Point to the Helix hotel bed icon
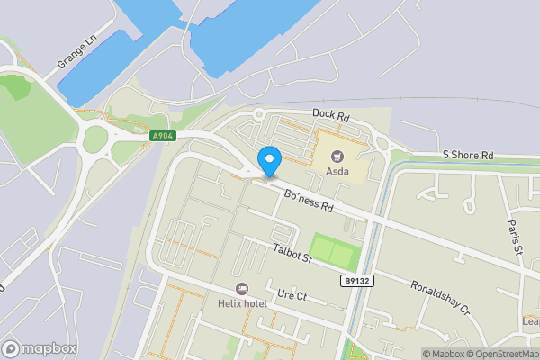241,289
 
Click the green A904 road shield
162,136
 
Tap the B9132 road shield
357,281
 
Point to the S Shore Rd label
468,156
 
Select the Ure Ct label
292,294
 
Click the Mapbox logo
39,348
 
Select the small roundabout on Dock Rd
259,114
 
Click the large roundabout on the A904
95,139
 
